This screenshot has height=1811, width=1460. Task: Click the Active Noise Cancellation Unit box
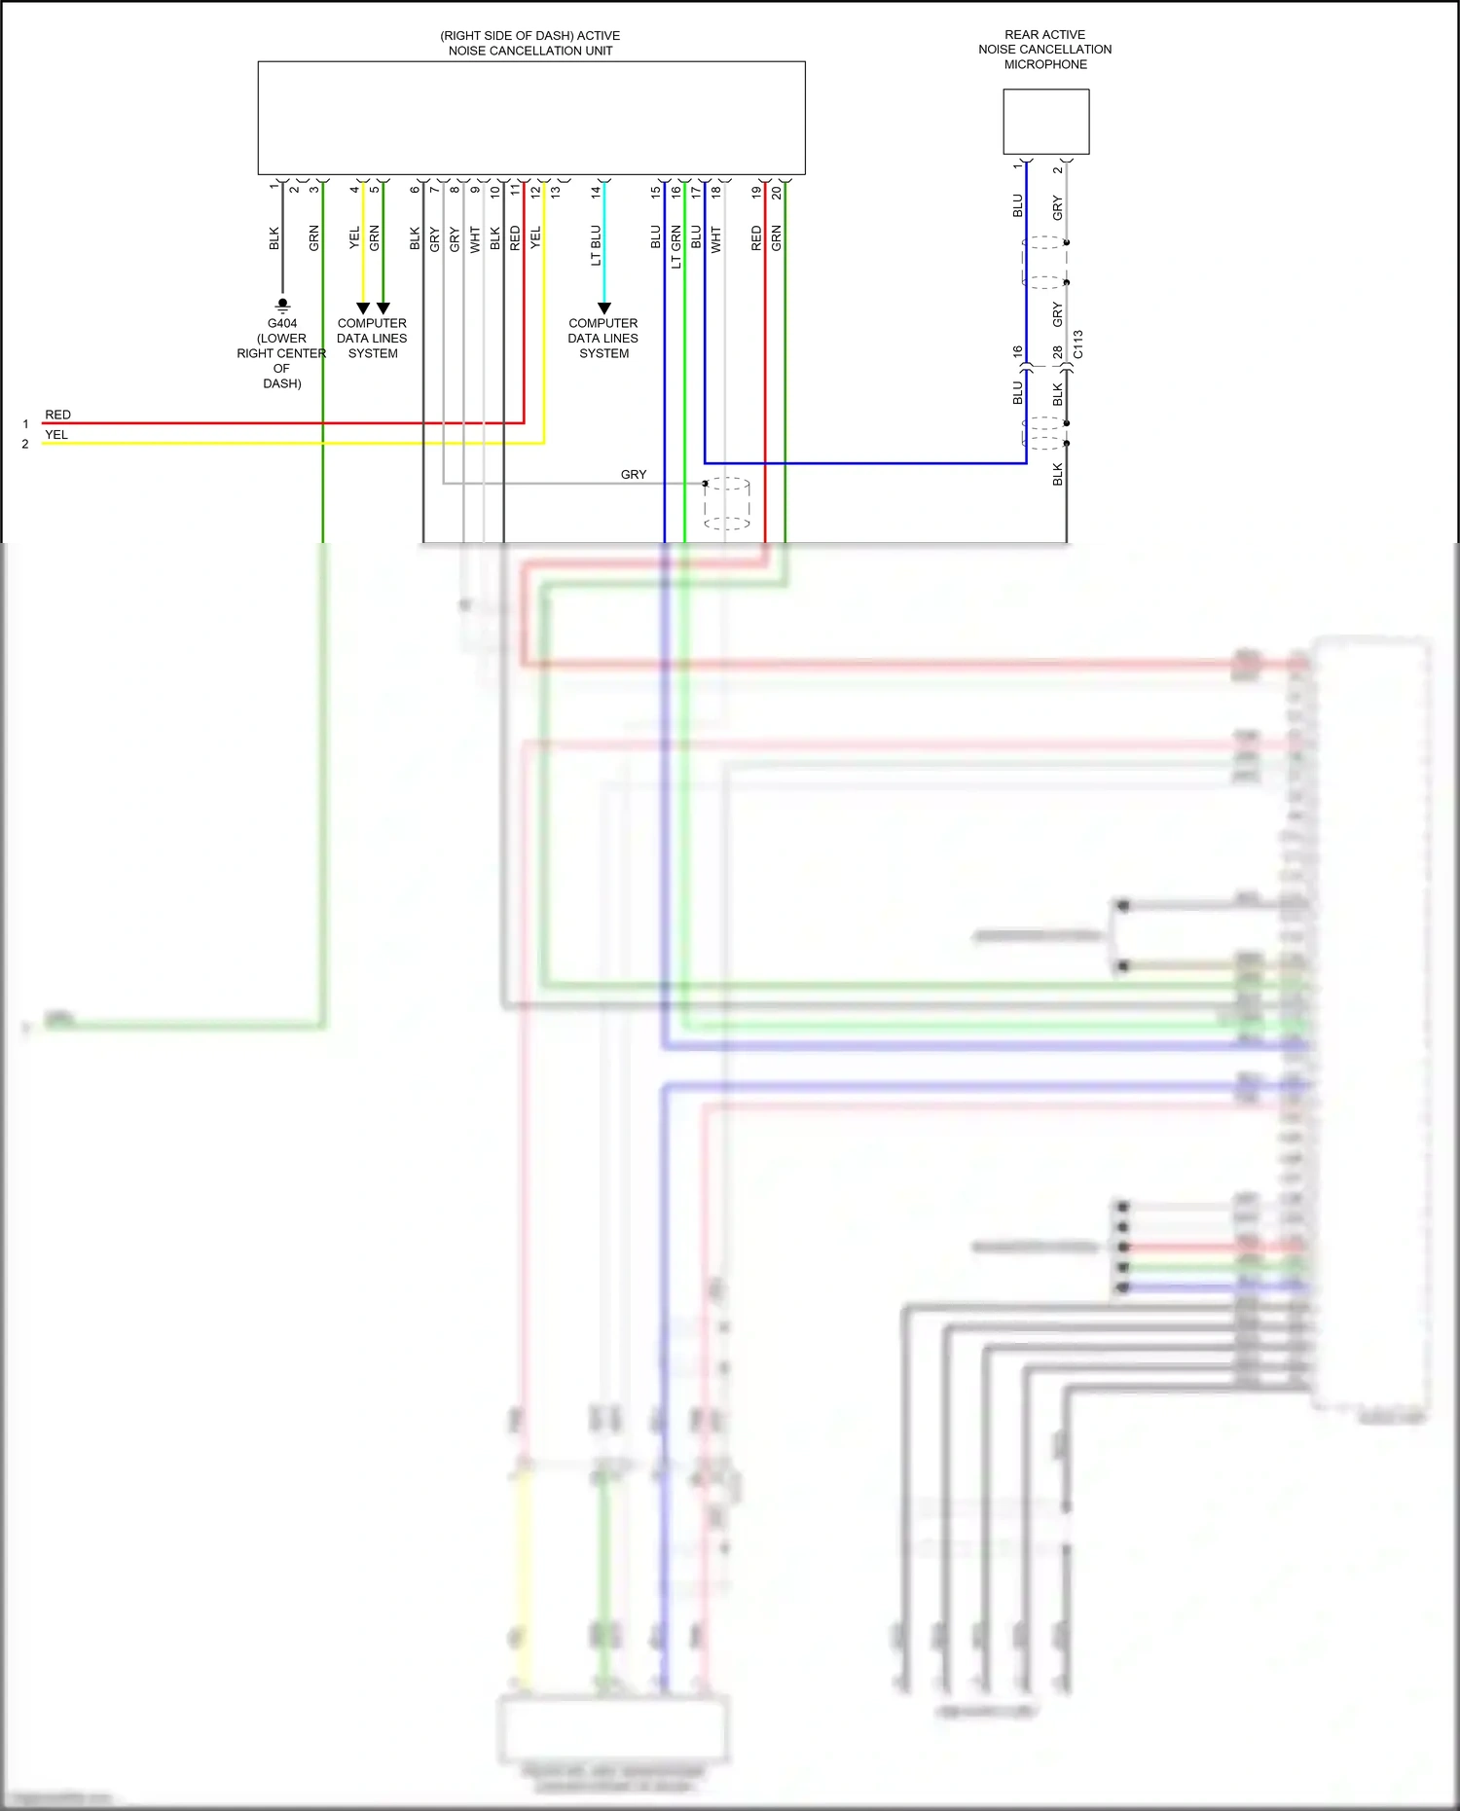[530, 118]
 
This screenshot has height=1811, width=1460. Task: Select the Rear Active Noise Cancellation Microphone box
[1045, 122]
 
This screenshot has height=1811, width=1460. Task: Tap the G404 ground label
[282, 323]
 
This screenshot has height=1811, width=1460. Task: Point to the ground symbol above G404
[282, 305]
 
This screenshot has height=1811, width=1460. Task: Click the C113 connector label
[1078, 344]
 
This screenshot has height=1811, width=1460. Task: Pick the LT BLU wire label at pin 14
[596, 245]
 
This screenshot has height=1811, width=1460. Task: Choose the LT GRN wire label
[676, 247]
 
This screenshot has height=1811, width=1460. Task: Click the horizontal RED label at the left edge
[57, 415]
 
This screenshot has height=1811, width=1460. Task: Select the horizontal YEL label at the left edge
[56, 435]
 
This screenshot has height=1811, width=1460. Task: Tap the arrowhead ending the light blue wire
[603, 308]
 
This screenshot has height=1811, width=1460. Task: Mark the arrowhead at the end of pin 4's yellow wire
[363, 308]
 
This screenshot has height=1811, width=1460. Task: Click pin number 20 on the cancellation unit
[777, 193]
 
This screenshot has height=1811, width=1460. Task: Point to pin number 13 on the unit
[556, 193]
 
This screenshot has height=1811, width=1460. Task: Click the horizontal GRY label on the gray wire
[634, 475]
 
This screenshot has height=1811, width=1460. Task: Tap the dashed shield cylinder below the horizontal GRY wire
[727, 503]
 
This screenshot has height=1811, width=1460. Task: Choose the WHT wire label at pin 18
[716, 239]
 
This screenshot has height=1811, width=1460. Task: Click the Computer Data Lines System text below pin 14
[603, 338]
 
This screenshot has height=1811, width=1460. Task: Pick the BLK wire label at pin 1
[274, 239]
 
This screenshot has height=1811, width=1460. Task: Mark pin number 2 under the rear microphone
[1057, 170]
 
